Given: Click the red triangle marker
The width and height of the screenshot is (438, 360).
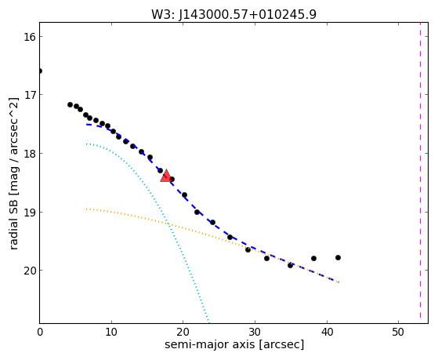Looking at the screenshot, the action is [x=166, y=176].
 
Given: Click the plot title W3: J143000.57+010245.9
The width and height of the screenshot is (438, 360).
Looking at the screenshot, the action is [x=233, y=15].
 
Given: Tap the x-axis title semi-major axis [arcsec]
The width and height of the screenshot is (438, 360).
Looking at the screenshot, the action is [x=234, y=344].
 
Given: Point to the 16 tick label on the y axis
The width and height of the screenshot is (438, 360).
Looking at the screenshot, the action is [x=29, y=37].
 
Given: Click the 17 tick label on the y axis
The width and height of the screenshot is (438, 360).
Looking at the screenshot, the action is [x=29, y=95].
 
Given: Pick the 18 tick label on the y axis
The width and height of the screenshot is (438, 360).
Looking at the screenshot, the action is [x=29, y=154].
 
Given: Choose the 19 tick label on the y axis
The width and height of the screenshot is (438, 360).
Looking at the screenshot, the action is [x=29, y=213].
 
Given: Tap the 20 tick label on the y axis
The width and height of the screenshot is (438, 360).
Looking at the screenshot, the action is [x=29, y=271].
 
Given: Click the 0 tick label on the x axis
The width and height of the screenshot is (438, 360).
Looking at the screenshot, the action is [x=40, y=332].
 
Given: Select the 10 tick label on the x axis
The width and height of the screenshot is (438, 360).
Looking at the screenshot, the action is [x=111, y=332].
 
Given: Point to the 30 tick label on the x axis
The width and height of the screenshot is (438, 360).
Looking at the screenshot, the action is [x=255, y=332].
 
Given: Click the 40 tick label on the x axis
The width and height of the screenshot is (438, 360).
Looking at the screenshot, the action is [x=327, y=332].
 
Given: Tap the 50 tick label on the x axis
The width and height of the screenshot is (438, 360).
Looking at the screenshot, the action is [x=398, y=332].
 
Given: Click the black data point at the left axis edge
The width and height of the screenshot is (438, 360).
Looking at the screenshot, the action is [x=40, y=71].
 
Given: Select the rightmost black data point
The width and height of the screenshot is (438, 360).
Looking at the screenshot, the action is [x=338, y=257].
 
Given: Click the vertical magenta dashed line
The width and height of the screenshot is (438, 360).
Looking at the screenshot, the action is [x=420, y=171].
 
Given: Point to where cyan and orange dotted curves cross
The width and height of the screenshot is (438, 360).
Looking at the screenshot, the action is [x=167, y=223].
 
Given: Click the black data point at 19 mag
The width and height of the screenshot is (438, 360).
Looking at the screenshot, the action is [x=197, y=212].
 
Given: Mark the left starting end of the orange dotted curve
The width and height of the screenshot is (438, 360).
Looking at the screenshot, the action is [x=87, y=209].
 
